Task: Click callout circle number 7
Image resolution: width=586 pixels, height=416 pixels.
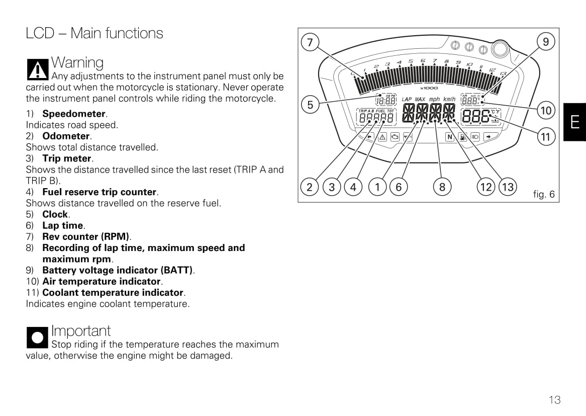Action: coord(310,42)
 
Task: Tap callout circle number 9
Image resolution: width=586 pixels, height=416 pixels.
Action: coord(546,41)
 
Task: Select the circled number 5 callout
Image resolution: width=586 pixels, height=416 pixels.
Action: coord(310,105)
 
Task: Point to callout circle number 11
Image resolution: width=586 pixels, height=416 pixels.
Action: coord(546,136)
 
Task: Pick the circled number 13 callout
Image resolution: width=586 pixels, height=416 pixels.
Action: coord(508,187)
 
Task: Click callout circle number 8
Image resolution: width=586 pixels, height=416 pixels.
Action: coord(442,187)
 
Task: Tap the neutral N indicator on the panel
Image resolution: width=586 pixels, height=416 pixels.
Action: coord(450,137)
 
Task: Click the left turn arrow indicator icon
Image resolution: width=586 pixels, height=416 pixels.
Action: coord(369,137)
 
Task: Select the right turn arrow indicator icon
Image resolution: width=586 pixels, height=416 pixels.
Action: coord(488,137)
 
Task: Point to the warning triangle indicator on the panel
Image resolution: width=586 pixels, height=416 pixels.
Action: coord(382,137)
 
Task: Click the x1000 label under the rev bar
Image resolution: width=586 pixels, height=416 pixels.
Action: coord(429,88)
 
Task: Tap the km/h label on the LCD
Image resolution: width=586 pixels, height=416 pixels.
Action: coord(449,100)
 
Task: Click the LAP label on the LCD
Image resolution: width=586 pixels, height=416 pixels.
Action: coord(407,100)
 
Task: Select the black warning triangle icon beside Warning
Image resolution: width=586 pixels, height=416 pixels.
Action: coord(37,69)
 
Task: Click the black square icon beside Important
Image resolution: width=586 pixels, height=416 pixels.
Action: coord(37,337)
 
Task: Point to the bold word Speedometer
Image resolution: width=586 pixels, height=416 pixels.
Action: coord(74,114)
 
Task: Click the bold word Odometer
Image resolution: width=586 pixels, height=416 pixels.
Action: coord(66,136)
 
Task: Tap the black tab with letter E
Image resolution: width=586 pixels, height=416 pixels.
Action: coord(574,122)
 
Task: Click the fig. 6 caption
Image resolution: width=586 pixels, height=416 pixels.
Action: coord(544,194)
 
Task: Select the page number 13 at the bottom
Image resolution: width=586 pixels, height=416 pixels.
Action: coord(554,400)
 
